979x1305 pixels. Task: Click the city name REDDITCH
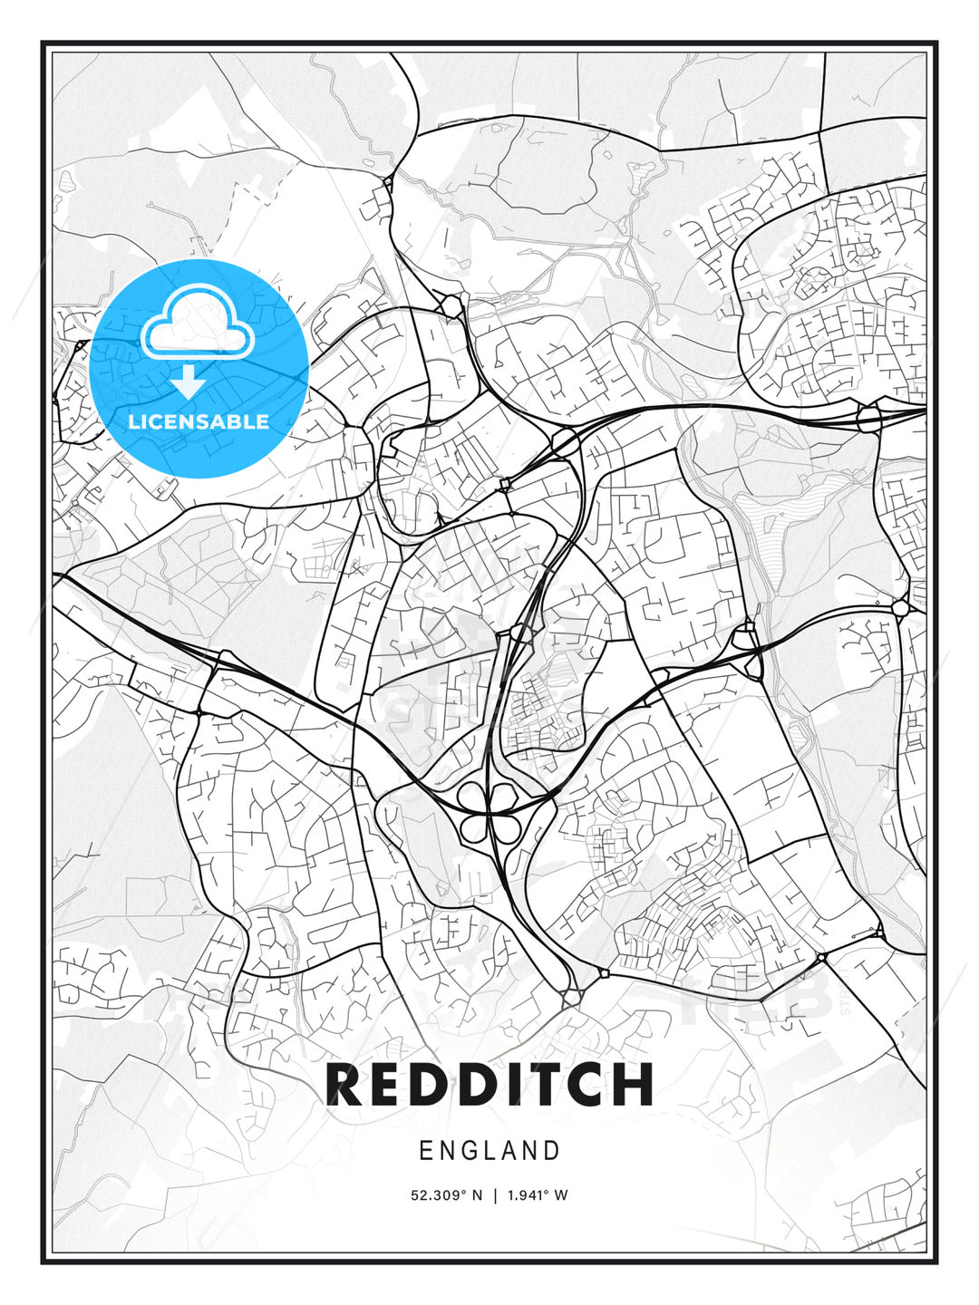pyautogui.click(x=489, y=1084)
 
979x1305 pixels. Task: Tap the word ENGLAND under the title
pyautogui.click(x=489, y=1151)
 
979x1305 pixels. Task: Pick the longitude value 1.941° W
pyautogui.click(x=538, y=1195)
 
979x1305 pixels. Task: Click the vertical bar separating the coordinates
pyautogui.click(x=495, y=1195)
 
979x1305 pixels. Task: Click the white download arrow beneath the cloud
pyautogui.click(x=189, y=382)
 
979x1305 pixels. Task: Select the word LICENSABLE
pyautogui.click(x=199, y=421)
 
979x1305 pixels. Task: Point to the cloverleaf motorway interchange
pyautogui.click(x=489, y=811)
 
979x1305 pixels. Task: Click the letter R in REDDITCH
pyautogui.click(x=345, y=1084)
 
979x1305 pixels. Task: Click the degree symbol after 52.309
pyautogui.click(x=464, y=1192)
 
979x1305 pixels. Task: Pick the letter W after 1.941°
pyautogui.click(x=561, y=1195)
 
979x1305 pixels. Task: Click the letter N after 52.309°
pyautogui.click(x=478, y=1195)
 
